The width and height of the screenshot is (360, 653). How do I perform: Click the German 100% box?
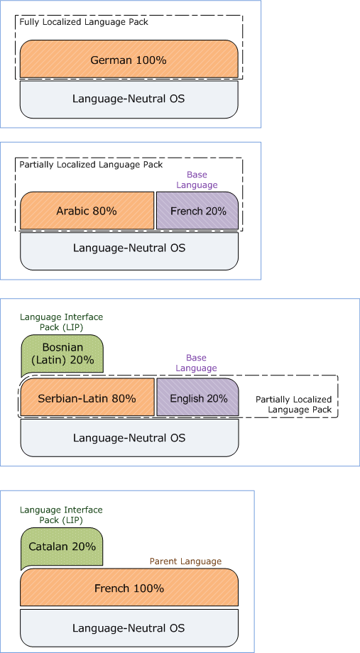pos(129,59)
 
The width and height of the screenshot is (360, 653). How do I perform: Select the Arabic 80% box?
pos(87,210)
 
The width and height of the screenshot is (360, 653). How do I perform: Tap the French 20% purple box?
pos(197,210)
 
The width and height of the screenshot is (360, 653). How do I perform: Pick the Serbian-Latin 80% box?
pos(87,397)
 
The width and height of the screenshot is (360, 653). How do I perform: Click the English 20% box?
pos(198,397)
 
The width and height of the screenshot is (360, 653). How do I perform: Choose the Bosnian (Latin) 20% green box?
pos(62,354)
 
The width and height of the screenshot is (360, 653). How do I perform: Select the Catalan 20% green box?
pos(62,549)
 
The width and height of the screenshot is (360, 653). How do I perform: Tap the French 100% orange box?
pos(129,587)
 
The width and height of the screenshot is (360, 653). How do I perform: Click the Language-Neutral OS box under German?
pos(129,99)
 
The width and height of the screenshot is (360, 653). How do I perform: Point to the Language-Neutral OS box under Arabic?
pos(129,251)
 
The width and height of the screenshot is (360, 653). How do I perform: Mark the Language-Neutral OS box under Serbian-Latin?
pos(129,438)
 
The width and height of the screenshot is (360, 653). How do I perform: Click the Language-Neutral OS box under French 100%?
pos(129,628)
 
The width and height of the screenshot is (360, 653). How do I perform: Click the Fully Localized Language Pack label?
pos(84,22)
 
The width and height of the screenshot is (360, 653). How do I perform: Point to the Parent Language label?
pos(185,561)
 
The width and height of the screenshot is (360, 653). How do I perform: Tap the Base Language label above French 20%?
pos(197,180)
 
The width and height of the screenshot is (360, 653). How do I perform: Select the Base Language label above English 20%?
pos(196,363)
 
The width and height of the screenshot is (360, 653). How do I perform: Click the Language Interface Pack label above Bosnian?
pos(61,322)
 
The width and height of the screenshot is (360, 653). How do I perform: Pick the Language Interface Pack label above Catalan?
pos(61,515)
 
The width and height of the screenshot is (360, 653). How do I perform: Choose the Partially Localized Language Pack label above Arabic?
pos(92,165)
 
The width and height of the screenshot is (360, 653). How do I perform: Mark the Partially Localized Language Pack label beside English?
pos(294,405)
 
